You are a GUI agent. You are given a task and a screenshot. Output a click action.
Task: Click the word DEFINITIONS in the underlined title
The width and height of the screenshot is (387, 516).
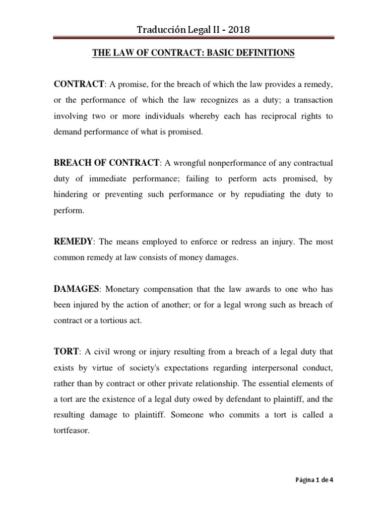pyautogui.click(x=265, y=53)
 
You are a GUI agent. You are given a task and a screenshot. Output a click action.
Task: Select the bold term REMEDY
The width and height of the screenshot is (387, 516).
pyautogui.click(x=73, y=242)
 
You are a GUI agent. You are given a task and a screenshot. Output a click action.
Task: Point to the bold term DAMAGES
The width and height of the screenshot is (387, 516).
pyautogui.click(x=77, y=289)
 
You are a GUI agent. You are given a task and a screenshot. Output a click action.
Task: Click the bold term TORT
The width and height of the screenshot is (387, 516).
pyautogui.click(x=65, y=352)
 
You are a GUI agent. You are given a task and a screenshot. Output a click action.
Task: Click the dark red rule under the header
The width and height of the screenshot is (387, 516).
pyautogui.click(x=193, y=38)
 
